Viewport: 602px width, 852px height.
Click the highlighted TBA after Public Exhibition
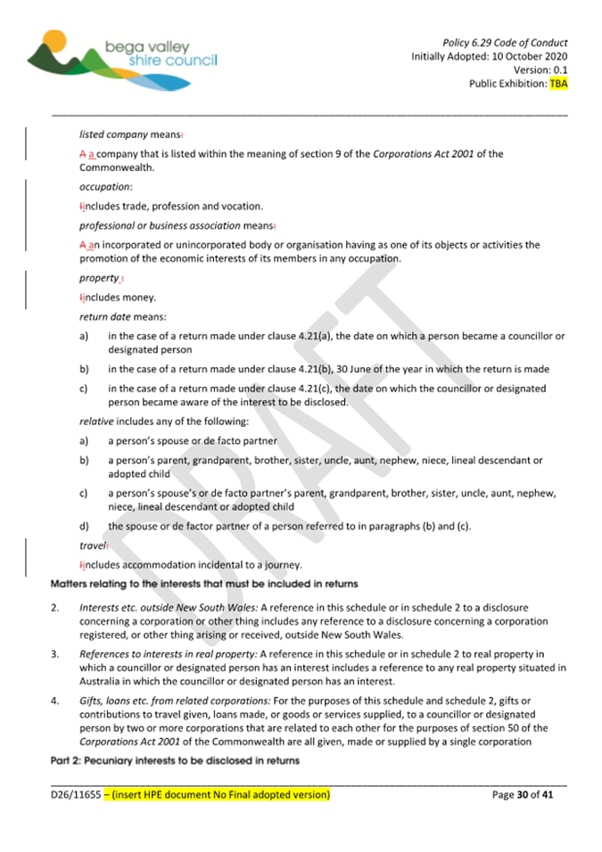[558, 84]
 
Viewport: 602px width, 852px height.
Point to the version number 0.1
[559, 70]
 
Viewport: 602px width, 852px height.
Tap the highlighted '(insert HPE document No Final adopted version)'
[217, 793]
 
